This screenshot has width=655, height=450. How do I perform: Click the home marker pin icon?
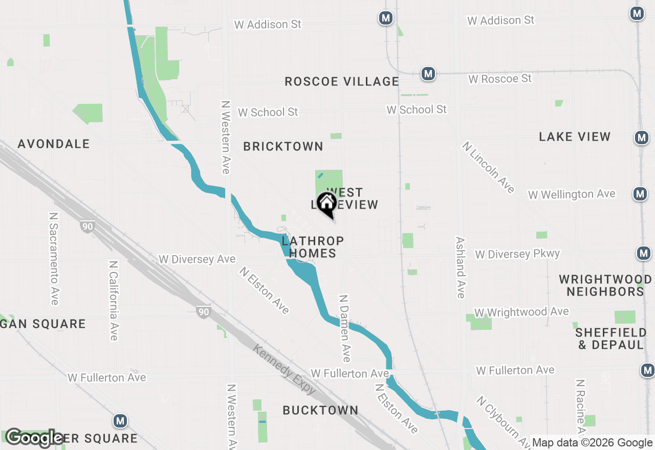[x=326, y=204]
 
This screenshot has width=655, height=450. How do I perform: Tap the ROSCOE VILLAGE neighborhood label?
[x=342, y=81]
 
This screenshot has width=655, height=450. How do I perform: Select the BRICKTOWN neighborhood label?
[x=283, y=146]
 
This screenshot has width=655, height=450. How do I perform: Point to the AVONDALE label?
[x=54, y=144]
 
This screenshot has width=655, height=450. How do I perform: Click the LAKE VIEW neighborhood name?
[x=575, y=137]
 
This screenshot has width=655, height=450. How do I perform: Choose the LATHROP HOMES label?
[x=312, y=247]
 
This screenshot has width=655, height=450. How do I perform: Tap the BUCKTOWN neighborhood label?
[x=321, y=410]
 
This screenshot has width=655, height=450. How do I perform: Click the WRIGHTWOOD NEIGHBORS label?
[x=605, y=285]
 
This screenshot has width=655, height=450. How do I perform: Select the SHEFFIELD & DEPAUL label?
[x=610, y=339]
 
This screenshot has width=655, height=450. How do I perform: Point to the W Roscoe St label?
[x=500, y=79]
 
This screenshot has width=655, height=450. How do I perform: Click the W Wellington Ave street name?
[x=572, y=195]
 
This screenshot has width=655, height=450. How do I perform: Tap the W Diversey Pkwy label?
[x=517, y=254]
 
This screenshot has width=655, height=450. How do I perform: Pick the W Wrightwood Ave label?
[x=521, y=312]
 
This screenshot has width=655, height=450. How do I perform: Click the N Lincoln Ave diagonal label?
[x=488, y=167]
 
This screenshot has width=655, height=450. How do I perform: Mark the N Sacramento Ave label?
[x=54, y=258]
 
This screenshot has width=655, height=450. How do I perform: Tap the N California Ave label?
[x=114, y=301]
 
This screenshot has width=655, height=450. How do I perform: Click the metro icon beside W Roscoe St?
[x=428, y=74]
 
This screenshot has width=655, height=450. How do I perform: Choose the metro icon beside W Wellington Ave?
[x=640, y=194]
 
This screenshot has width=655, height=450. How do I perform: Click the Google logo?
[x=34, y=438]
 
